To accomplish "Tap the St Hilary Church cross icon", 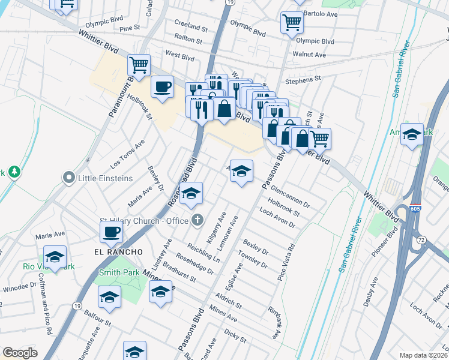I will pyautogui.click(x=196, y=220).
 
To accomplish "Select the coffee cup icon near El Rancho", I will pyautogui.click(x=112, y=231).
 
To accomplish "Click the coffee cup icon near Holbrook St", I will pyautogui.click(x=162, y=87).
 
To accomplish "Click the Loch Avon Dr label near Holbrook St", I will pyautogui.click(x=277, y=218).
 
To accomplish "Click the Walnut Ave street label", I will pyautogui.click(x=309, y=55).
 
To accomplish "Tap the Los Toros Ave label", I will pyautogui.click(x=127, y=155).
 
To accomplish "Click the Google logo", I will pyautogui.click(x=20, y=353).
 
